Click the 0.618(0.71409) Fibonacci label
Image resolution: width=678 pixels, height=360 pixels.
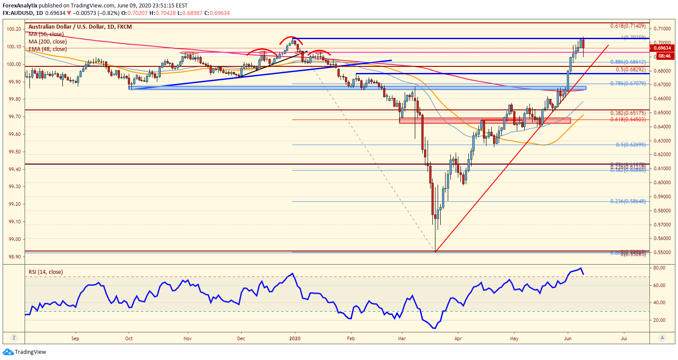(x=628, y=26)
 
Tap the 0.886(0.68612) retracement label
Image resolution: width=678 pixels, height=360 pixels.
(x=628, y=62)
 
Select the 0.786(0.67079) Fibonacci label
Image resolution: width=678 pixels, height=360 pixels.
(x=628, y=84)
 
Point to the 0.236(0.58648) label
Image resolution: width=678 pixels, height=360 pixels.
(x=628, y=201)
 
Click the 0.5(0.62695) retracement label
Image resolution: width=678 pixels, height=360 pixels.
(x=631, y=145)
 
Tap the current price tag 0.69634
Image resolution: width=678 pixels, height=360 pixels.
(x=661, y=48)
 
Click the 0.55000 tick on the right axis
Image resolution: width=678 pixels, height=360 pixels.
(x=662, y=253)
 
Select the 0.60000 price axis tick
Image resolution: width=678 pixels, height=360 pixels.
(x=662, y=182)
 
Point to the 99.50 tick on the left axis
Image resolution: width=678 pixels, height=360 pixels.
(x=14, y=152)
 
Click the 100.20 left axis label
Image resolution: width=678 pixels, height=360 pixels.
(x=14, y=29)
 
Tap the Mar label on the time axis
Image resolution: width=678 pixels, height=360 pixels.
(x=401, y=338)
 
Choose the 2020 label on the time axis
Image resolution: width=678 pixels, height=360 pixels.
(x=295, y=338)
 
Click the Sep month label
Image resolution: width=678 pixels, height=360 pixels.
(x=75, y=338)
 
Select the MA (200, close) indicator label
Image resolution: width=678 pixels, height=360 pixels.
(x=48, y=42)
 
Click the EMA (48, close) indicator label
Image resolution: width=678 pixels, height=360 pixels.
(x=48, y=49)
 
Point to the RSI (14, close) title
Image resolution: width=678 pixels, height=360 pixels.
(x=46, y=272)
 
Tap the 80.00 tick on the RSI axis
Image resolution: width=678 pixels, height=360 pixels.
(x=659, y=268)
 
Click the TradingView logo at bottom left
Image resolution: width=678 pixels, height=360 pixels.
(x=25, y=352)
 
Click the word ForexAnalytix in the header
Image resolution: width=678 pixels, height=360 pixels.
(x=20, y=6)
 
